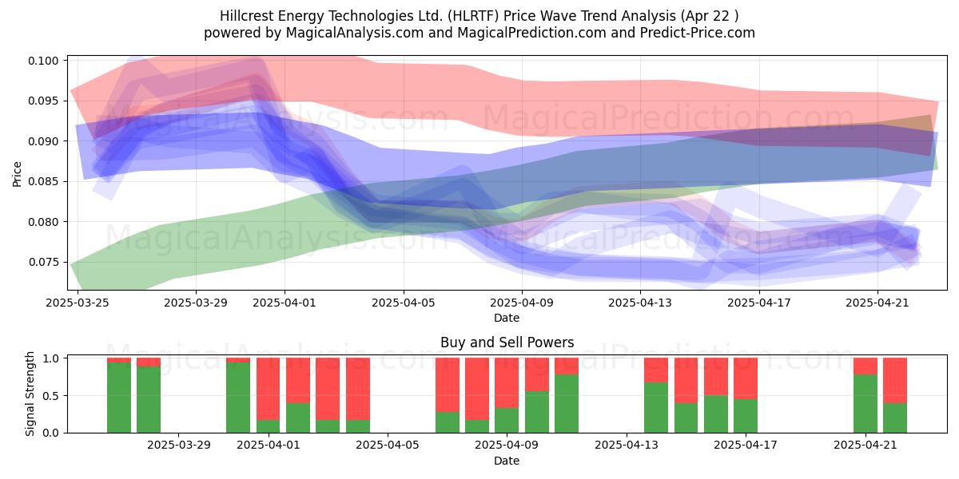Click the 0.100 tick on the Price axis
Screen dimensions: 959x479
[43, 61]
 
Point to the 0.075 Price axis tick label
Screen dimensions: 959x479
[43, 262]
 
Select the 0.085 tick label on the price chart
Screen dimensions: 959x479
[43, 182]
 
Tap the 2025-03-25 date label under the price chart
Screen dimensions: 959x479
[78, 303]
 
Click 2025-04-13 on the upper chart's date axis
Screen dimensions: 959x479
[640, 303]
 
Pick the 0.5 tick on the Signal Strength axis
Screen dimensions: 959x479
[52, 396]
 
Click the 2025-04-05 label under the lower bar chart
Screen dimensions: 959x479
[388, 445]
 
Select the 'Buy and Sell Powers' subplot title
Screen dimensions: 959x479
[507, 342]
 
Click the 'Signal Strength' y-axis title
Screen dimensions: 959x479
[30, 394]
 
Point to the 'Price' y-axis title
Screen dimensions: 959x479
[17, 174]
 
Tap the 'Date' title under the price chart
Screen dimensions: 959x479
[507, 318]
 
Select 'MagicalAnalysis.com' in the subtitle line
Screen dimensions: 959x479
[355, 33]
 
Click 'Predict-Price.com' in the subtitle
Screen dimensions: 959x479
[698, 33]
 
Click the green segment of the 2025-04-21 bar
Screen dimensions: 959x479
[865, 404]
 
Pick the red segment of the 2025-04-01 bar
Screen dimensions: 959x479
[268, 390]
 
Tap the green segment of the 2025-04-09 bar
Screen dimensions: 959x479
[507, 421]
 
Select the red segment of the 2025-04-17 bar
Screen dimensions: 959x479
[746, 378]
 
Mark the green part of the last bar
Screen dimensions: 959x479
[895, 418]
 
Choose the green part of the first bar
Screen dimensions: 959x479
[119, 398]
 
